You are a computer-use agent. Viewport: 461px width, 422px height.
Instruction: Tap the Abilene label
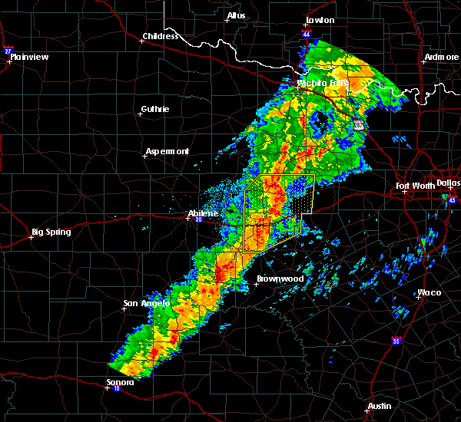tap(204, 213)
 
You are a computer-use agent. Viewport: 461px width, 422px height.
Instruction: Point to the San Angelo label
tap(144, 303)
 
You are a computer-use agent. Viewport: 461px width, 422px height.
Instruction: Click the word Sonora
tap(120, 382)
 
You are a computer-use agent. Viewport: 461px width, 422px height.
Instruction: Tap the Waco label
tap(429, 293)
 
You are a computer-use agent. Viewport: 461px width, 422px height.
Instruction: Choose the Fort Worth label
tap(415, 186)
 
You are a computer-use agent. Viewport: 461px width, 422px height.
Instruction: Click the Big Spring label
tap(51, 232)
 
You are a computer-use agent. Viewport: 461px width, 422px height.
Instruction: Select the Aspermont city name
tap(167, 151)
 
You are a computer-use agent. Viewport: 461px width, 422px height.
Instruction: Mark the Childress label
tap(161, 36)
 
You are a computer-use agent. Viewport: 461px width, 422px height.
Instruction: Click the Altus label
tap(236, 15)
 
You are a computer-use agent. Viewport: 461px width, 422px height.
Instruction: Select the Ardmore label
tap(441, 58)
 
